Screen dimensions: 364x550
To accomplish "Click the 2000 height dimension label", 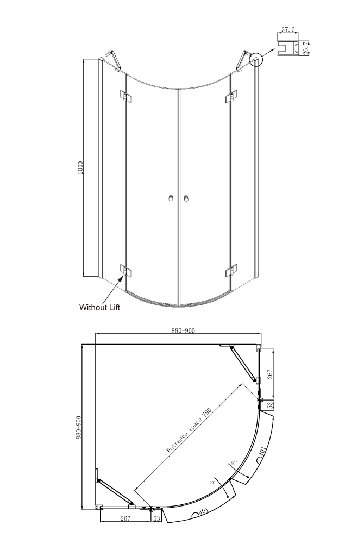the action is pyautogui.click(x=80, y=168).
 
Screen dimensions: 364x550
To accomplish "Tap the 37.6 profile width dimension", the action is pyautogui.click(x=288, y=30).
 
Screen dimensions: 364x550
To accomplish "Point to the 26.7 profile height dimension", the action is pyautogui.click(x=305, y=48).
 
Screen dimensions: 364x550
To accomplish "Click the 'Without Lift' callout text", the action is pyautogui.click(x=99, y=308).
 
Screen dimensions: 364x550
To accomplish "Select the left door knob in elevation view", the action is pyautogui.click(x=171, y=198).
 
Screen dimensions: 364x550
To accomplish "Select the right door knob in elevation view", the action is pyautogui.click(x=186, y=198).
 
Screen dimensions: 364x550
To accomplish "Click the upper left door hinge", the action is pyautogui.click(x=125, y=96).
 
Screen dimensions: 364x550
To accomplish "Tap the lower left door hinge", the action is pyautogui.click(x=125, y=270).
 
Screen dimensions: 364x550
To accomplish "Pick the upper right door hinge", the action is pyautogui.click(x=231, y=96).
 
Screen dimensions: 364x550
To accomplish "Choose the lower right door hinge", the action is pyautogui.click(x=231, y=270).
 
